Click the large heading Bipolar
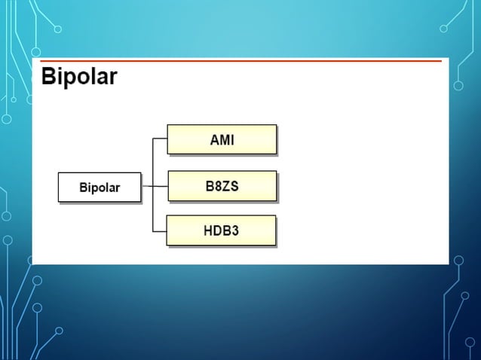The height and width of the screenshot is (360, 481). point(79,77)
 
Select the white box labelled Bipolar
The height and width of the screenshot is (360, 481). point(100,188)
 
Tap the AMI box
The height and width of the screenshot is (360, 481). point(222,139)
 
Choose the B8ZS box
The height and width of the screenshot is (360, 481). point(222,185)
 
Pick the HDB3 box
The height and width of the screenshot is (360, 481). point(222,230)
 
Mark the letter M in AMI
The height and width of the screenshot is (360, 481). point(222,139)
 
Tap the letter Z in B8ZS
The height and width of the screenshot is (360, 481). point(227,185)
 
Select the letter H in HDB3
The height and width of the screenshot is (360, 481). point(208,230)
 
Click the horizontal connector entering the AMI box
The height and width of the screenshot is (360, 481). point(160,139)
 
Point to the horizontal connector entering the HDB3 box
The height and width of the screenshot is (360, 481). point(160,231)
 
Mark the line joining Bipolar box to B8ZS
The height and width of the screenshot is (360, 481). point(155,186)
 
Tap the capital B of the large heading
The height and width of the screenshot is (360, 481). point(48,77)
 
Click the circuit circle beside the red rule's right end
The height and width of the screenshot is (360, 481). point(457,87)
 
